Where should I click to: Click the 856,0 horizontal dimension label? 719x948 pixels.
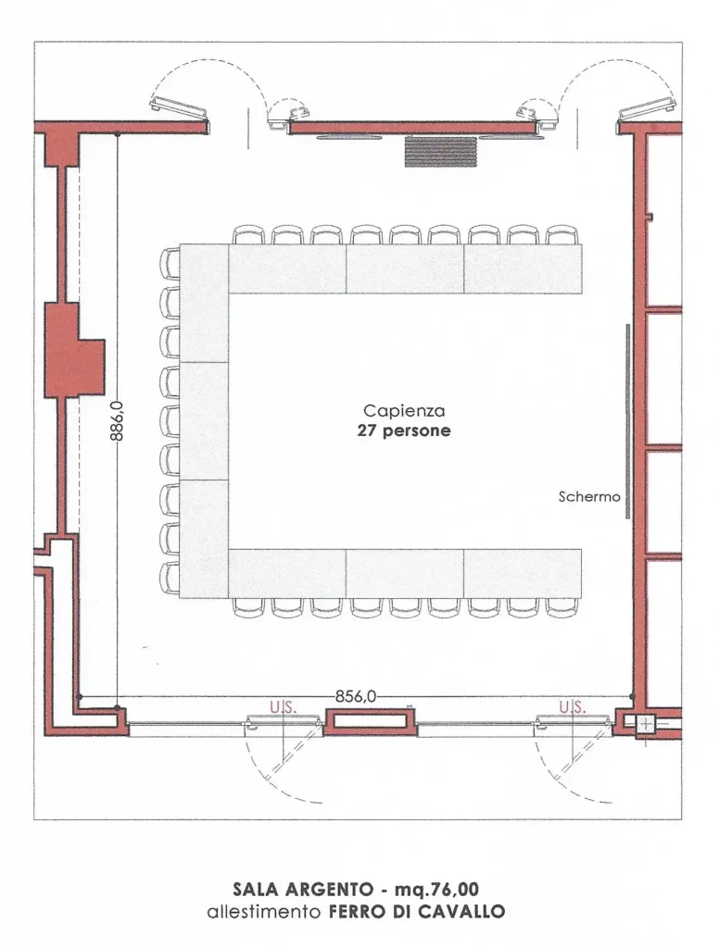(x=356, y=696)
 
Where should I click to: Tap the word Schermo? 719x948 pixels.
(x=589, y=497)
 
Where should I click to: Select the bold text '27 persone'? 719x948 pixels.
(x=404, y=431)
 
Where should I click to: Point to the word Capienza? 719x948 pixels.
(x=404, y=411)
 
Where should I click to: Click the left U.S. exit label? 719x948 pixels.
(x=283, y=706)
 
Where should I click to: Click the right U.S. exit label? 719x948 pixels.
(x=572, y=706)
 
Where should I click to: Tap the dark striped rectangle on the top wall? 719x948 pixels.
(x=441, y=152)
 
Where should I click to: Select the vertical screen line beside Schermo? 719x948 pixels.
(x=627, y=421)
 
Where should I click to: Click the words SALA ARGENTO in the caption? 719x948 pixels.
(x=303, y=890)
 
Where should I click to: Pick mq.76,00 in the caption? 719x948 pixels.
(x=436, y=890)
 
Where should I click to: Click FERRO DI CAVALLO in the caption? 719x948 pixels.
(x=417, y=911)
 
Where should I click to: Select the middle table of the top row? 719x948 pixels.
(x=405, y=269)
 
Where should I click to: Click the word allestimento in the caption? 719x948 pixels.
(x=264, y=911)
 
